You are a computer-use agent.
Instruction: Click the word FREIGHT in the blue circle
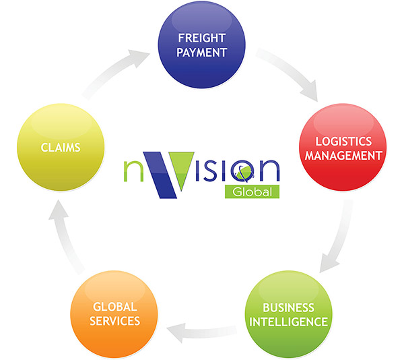202,38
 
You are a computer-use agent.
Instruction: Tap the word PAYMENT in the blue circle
202,53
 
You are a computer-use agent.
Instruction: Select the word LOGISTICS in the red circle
343,142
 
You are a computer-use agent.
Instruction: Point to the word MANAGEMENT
343,156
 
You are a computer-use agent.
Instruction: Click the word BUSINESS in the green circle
289,307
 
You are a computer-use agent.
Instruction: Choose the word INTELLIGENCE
289,322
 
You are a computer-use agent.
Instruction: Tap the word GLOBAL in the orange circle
115,307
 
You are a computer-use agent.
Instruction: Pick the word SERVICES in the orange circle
115,321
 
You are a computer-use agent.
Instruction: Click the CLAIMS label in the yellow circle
61,148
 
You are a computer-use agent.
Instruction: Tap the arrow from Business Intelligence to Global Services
201,332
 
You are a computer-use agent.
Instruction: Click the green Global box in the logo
252,191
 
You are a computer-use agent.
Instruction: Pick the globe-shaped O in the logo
242,171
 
